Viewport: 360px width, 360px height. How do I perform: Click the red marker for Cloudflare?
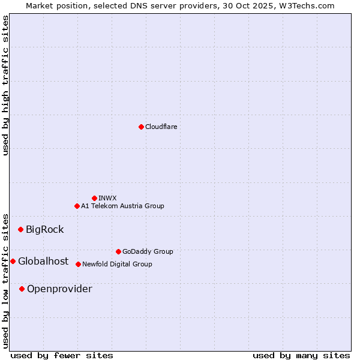point(141,127)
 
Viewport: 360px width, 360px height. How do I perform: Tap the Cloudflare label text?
point(161,127)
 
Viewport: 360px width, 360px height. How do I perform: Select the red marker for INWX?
point(94,198)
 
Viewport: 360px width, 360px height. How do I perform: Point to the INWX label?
point(107,198)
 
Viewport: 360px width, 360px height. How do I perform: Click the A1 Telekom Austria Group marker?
point(77,206)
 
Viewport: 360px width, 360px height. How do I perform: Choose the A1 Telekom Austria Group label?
point(122,206)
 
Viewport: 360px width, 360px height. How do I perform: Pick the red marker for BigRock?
point(20,229)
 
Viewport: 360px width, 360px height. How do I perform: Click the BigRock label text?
point(44,229)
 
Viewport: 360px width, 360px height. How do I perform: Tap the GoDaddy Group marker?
point(118,251)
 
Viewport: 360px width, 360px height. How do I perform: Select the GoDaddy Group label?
point(148,251)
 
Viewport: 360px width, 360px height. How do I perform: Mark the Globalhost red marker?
point(13,261)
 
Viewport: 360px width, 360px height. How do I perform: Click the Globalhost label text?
point(43,261)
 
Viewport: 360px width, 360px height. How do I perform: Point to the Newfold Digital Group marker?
point(78,264)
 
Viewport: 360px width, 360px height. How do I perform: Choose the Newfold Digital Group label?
point(117,264)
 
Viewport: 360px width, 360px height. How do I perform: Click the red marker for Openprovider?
point(22,289)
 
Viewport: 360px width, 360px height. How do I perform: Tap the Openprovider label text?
point(59,289)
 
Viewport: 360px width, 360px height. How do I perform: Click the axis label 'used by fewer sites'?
point(62,355)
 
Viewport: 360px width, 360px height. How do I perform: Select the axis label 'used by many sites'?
point(301,355)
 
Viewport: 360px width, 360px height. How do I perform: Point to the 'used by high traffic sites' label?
point(5,85)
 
